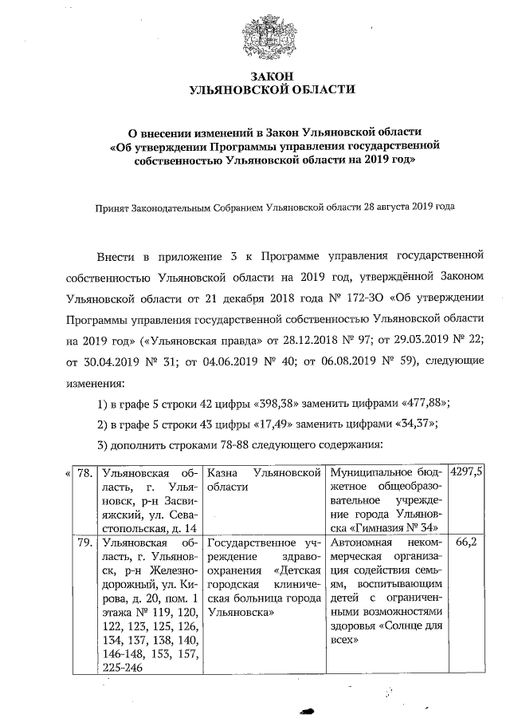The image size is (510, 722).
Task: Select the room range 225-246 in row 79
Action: tap(122, 668)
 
